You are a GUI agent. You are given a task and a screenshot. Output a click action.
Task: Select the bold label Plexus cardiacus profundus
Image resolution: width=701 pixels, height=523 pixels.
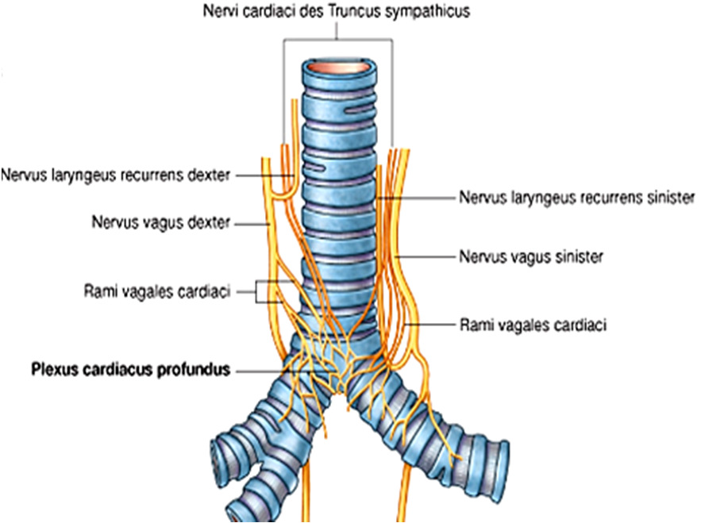coord(130,369)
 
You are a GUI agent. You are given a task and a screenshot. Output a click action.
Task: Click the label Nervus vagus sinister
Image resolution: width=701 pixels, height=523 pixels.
coord(531,257)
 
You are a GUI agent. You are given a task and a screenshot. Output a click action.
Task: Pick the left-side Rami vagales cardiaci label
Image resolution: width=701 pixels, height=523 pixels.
coord(156,292)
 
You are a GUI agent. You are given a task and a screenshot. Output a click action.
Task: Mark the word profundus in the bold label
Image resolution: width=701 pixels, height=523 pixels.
coord(195,369)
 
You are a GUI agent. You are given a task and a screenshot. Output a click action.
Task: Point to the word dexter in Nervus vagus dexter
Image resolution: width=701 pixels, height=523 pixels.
coord(211,223)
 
